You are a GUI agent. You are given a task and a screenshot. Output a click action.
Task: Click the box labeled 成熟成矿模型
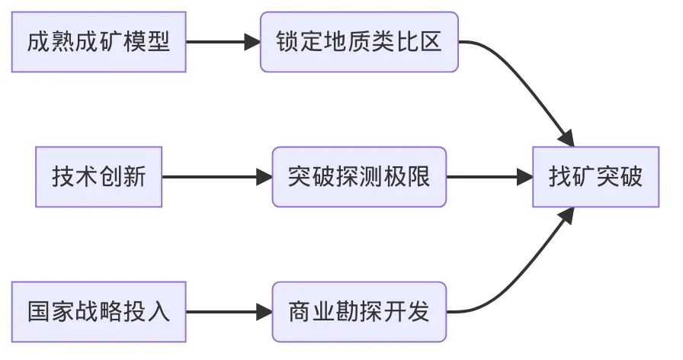pyautogui.click(x=98, y=42)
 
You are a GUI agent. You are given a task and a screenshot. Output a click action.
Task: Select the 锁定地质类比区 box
pyautogui.click(x=359, y=42)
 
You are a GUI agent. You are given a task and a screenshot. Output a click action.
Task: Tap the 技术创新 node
pyautogui.click(x=98, y=177)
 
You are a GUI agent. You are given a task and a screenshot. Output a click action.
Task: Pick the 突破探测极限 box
pyautogui.click(x=359, y=177)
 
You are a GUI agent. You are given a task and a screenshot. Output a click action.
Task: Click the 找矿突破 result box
pyautogui.click(x=595, y=177)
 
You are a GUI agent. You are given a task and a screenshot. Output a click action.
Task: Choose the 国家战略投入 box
pyautogui.click(x=98, y=312)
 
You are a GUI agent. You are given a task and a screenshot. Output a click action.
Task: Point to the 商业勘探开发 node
pyautogui.click(x=359, y=312)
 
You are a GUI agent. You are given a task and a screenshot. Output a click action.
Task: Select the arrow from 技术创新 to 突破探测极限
pyautogui.click(x=217, y=177)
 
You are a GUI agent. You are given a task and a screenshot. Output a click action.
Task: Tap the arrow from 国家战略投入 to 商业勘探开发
pyautogui.click(x=229, y=312)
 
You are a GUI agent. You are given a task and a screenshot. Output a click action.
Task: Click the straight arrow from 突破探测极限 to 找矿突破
pyautogui.click(x=489, y=177)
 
